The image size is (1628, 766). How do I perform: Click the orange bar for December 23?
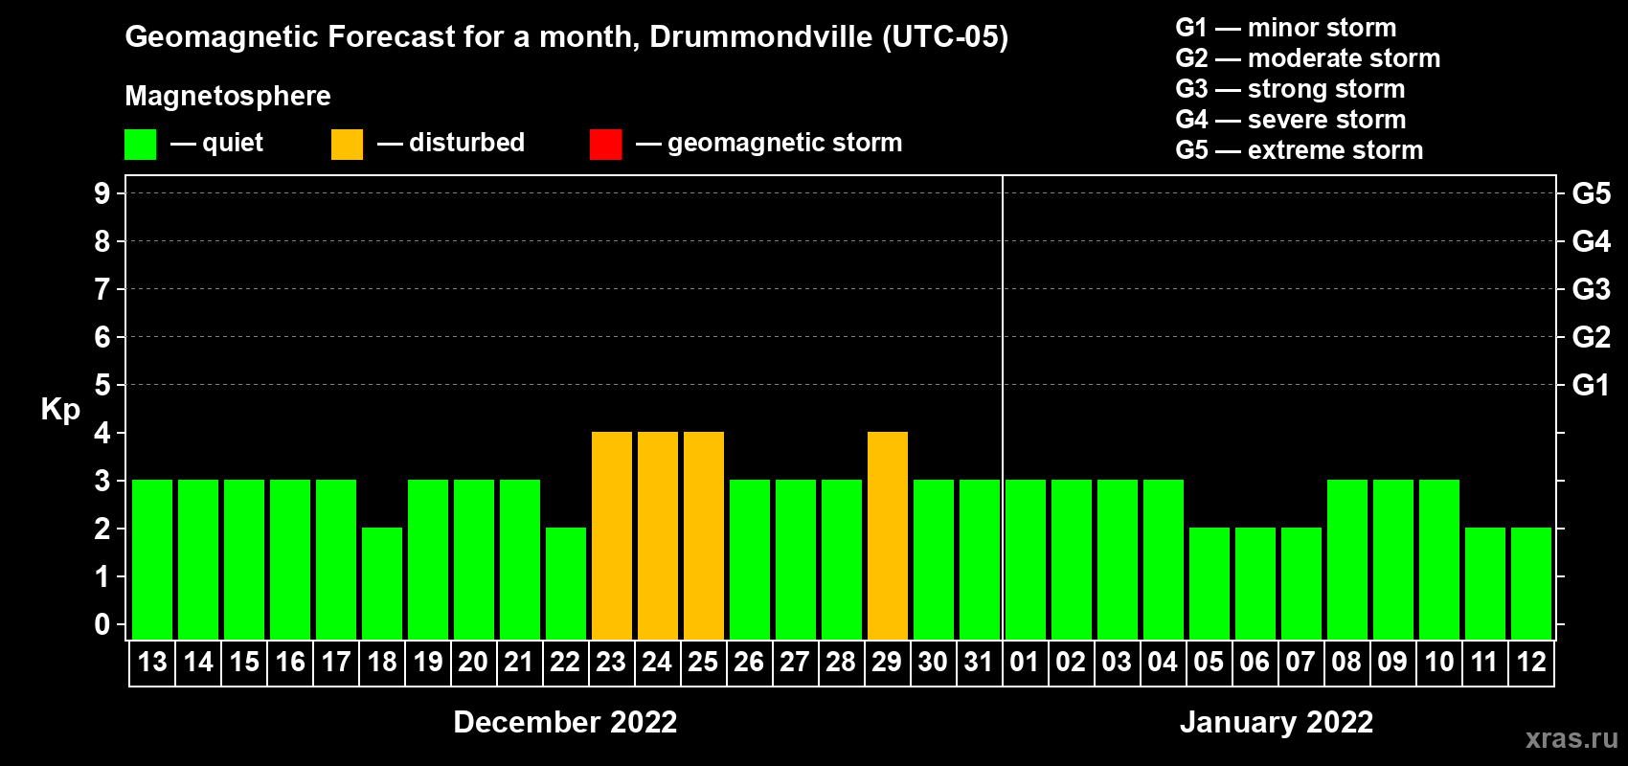[612, 536]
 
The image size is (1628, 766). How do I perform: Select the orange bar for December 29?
[888, 536]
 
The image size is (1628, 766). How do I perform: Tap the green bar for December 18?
[382, 583]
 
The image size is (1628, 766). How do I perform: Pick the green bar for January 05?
[1210, 583]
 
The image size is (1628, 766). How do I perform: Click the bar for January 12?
[1531, 583]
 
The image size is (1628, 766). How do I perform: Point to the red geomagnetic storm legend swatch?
[605, 145]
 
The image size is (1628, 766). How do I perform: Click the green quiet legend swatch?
[141, 145]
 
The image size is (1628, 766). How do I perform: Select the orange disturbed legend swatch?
[347, 145]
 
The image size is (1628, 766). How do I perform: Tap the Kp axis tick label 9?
[102, 193]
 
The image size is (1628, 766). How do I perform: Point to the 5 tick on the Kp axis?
[102, 385]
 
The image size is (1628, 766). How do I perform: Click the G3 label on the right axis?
[1591, 289]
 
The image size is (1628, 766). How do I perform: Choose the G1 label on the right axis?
[1591, 385]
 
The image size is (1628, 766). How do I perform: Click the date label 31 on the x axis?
[979, 663]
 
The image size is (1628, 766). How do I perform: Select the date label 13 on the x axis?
[152, 663]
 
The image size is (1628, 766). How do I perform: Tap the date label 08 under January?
[1346, 663]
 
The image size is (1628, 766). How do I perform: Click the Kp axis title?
[60, 410]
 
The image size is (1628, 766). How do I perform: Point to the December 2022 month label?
[565, 722]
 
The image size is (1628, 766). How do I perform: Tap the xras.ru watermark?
[1571, 738]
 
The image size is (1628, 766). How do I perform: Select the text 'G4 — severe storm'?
[1291, 120]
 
